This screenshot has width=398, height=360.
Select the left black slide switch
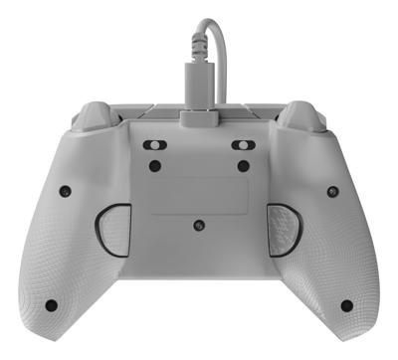(x=154, y=143)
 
